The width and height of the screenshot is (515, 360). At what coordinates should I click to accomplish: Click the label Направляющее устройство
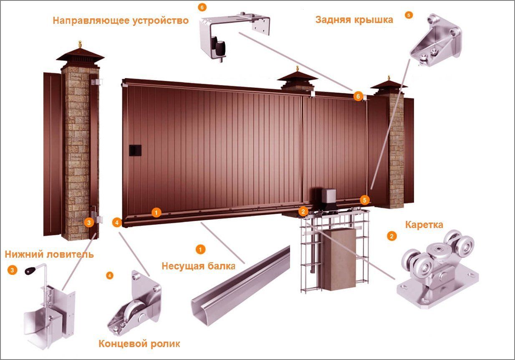[121, 21]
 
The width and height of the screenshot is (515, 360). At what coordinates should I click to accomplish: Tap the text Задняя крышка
[354, 20]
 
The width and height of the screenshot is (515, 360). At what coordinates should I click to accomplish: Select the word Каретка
[424, 225]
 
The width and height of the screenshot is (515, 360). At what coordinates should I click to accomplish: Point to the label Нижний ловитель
[49, 254]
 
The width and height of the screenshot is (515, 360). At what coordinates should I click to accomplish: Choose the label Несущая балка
[198, 266]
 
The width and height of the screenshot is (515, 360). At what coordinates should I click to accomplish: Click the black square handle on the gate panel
[135, 150]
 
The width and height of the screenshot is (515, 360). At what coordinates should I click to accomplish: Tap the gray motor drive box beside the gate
[329, 196]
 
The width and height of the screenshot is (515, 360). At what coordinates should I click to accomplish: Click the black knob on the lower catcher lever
[30, 271]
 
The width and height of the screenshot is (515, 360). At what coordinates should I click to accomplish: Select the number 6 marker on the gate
[358, 96]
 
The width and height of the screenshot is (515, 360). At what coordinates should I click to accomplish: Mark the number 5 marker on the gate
[365, 200]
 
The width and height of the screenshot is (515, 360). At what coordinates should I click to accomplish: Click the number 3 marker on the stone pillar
[89, 223]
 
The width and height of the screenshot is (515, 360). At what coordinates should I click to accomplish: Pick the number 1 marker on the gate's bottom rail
[156, 213]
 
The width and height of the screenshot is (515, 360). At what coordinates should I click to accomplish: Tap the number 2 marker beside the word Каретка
[391, 236]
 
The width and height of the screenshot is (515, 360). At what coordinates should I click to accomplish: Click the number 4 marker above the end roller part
[110, 276]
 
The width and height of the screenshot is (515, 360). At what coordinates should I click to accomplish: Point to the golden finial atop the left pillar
[80, 44]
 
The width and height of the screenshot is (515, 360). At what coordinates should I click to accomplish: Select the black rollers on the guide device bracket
[218, 47]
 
